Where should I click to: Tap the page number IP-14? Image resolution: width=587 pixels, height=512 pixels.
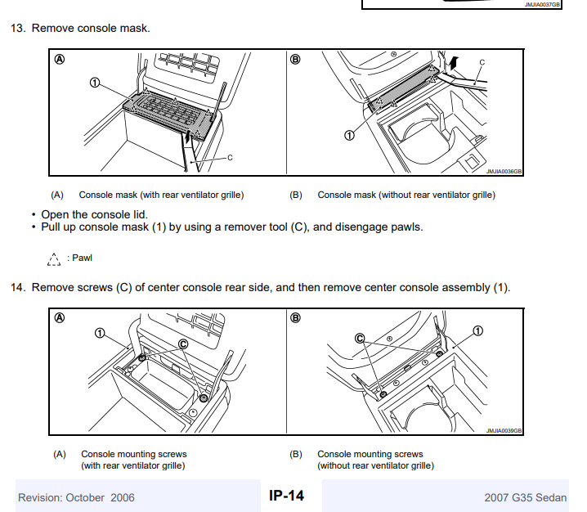(x=286, y=496)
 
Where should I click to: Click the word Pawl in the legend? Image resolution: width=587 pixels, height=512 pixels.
(x=83, y=258)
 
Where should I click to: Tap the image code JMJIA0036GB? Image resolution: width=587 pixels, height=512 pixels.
(x=504, y=172)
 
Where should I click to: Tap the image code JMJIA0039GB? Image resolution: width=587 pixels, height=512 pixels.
(x=504, y=430)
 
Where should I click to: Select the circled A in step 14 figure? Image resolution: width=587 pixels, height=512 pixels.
(x=60, y=317)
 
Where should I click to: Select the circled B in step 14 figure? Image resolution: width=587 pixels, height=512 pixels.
(x=296, y=317)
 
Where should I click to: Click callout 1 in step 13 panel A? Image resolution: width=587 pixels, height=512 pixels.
(x=95, y=83)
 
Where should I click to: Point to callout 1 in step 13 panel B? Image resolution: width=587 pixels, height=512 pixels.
(x=349, y=135)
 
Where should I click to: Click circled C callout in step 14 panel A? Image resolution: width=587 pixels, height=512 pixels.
(x=183, y=345)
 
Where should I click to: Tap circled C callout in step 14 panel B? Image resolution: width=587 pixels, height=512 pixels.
(x=359, y=338)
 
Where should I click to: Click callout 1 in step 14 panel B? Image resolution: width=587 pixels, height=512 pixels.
(x=478, y=330)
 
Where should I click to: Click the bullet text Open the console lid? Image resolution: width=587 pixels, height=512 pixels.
(x=94, y=214)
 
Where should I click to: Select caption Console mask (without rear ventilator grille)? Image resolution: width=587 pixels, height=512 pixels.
(x=406, y=195)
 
